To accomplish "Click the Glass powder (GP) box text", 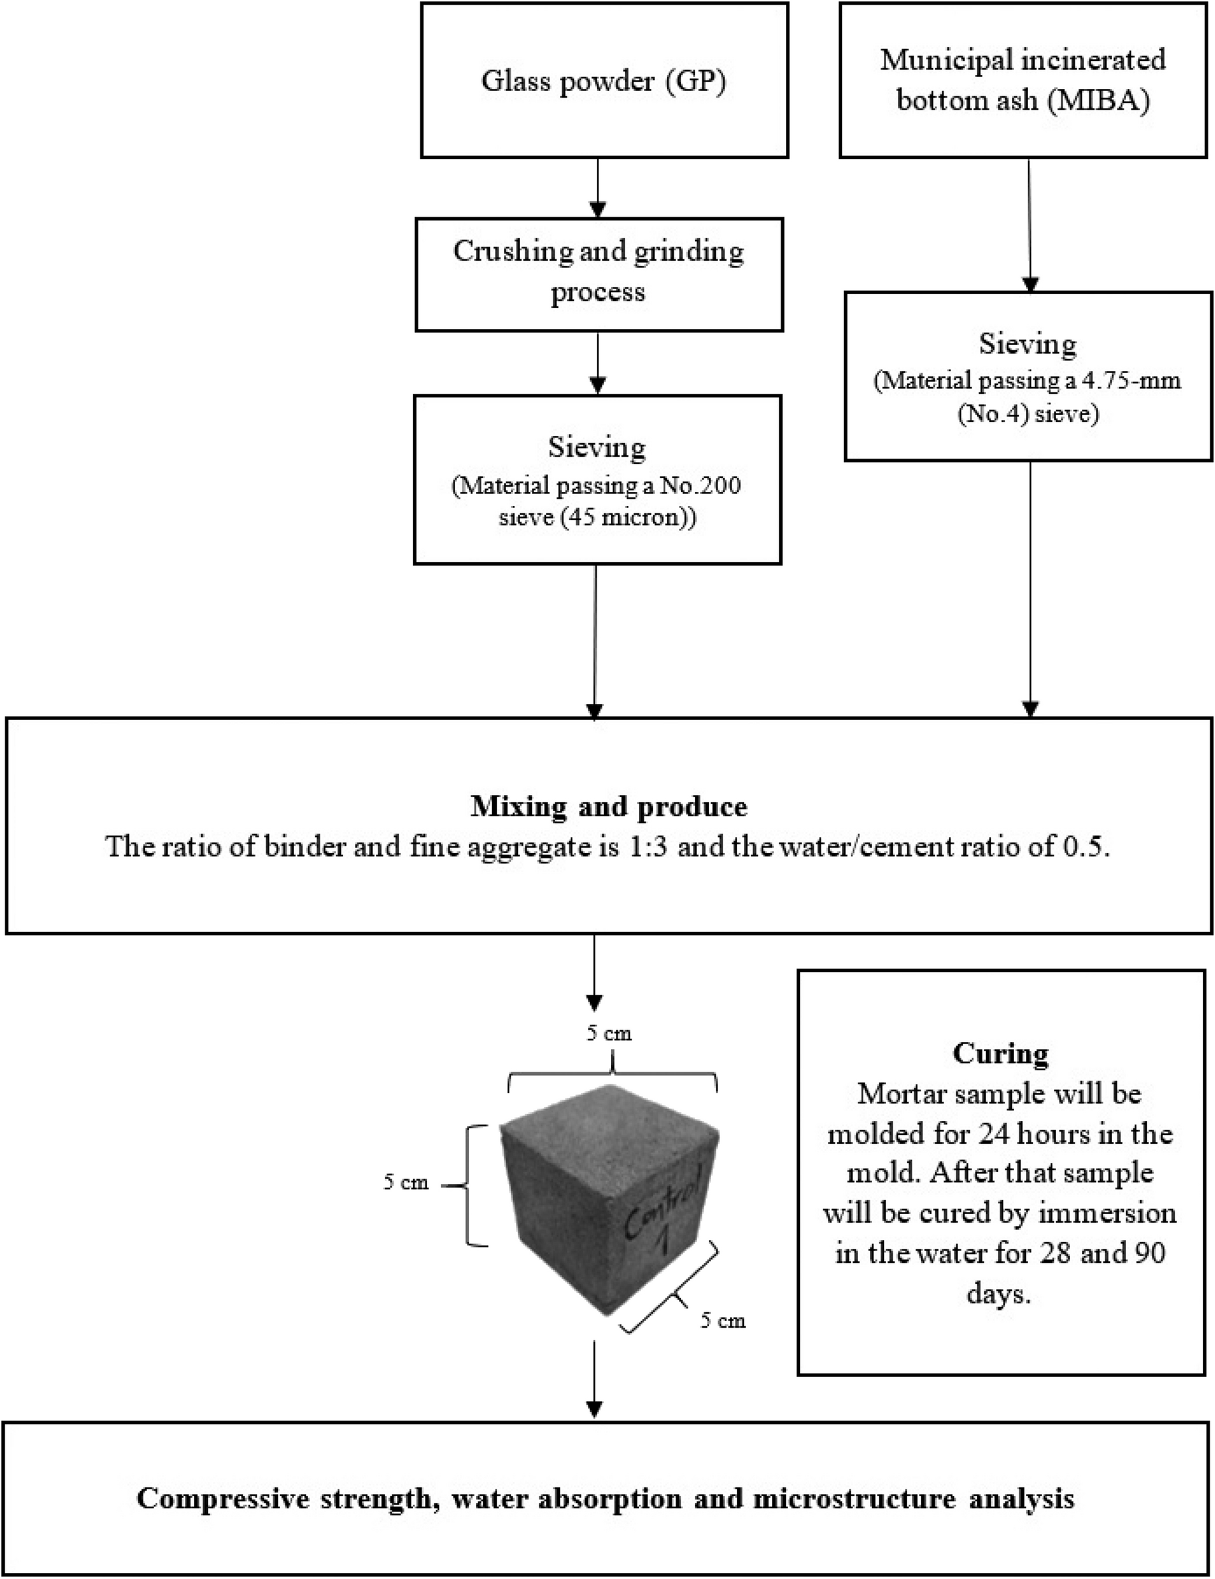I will coord(603,81).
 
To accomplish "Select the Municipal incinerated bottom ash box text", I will coord(1023,80).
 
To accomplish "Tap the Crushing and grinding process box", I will coord(598,273).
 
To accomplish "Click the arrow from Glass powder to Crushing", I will coord(597,188).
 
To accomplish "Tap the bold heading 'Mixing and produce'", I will coord(609,806).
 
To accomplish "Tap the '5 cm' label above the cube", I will coord(609,1034).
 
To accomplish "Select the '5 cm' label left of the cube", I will coord(406,1183).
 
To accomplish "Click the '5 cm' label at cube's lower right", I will coord(722,1321).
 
